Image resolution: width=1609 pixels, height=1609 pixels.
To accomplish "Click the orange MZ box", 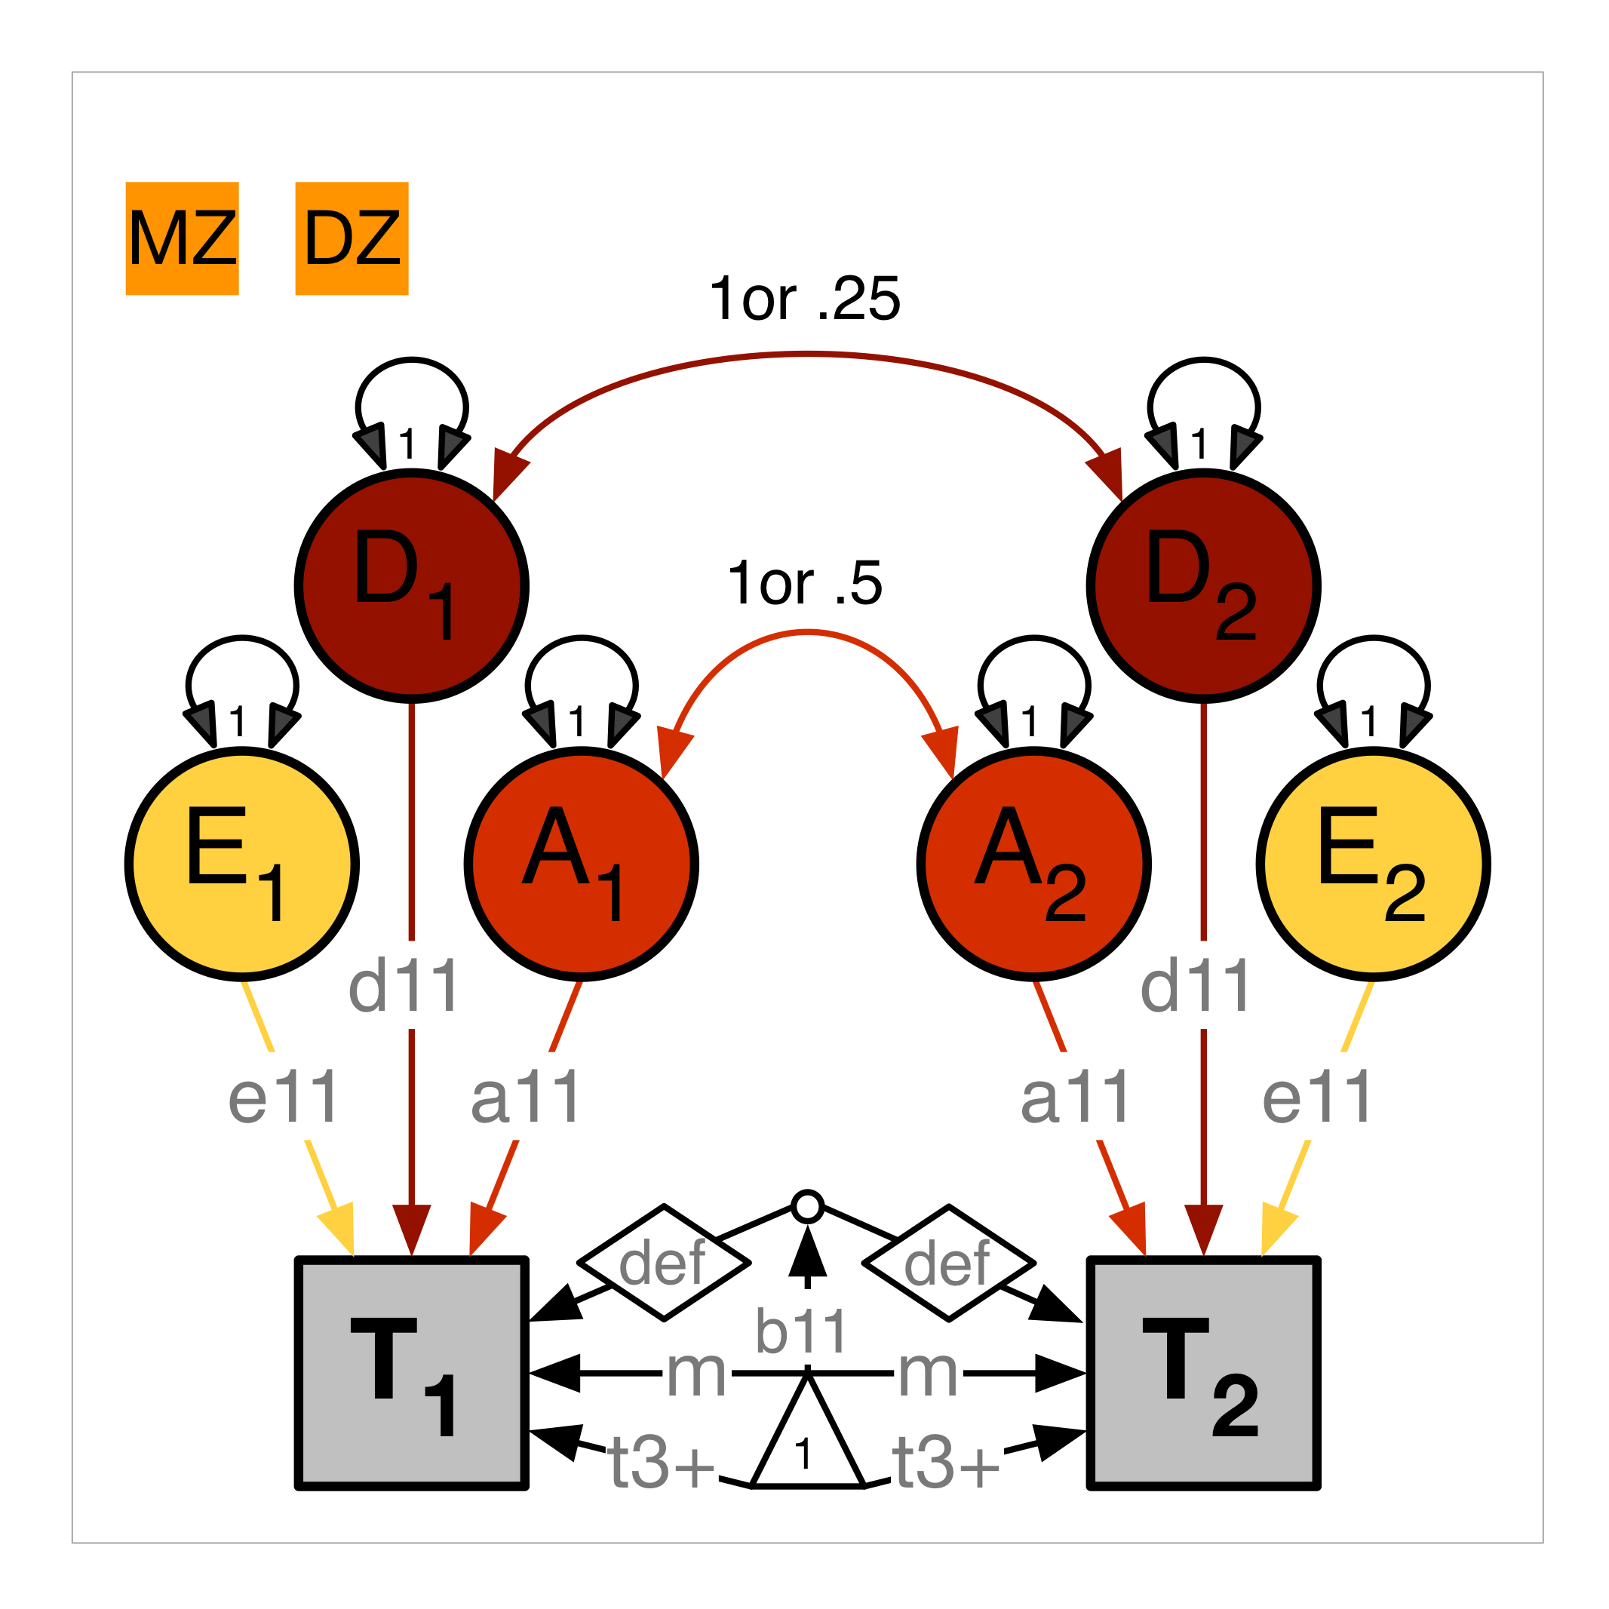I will pyautogui.click(x=183, y=238).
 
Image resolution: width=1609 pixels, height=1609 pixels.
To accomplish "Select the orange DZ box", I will pyautogui.click(x=352, y=238).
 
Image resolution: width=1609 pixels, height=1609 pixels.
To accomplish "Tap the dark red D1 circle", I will pyautogui.click(x=411, y=586).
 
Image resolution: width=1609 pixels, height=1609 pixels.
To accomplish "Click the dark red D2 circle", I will pyautogui.click(x=1203, y=586).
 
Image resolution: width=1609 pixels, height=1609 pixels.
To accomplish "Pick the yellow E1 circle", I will pyautogui.click(x=242, y=864).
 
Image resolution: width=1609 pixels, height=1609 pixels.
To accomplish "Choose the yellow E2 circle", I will pyautogui.click(x=1374, y=864).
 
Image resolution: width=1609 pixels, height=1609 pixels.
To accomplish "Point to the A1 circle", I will pyautogui.click(x=582, y=864).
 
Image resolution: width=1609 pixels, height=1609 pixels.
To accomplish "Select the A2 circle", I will pyautogui.click(x=1033, y=864).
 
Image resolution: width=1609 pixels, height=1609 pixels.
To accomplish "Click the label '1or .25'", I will pyautogui.click(x=804, y=299).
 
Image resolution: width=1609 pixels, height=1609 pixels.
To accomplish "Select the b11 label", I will pyautogui.click(x=801, y=1331).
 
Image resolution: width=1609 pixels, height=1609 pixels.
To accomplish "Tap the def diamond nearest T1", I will pyautogui.click(x=664, y=1263).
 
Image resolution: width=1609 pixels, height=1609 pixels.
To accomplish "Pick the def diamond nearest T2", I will pyautogui.click(x=948, y=1263).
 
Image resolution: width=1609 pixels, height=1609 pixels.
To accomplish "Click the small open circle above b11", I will pyautogui.click(x=807, y=1207).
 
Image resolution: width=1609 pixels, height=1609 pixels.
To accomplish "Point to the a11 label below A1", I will pyautogui.click(x=526, y=1098).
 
